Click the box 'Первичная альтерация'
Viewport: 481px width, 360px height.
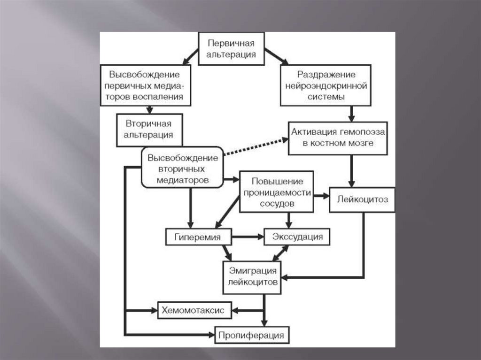[232, 49]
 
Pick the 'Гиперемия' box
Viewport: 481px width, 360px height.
[199, 237]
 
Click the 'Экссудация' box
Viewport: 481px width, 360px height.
[297, 237]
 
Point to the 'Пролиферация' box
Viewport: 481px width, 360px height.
[251, 335]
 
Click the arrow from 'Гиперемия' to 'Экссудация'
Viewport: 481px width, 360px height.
[249, 237]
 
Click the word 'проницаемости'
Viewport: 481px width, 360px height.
[277, 193]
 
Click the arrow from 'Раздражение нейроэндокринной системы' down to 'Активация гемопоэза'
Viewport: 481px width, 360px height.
[351, 113]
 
